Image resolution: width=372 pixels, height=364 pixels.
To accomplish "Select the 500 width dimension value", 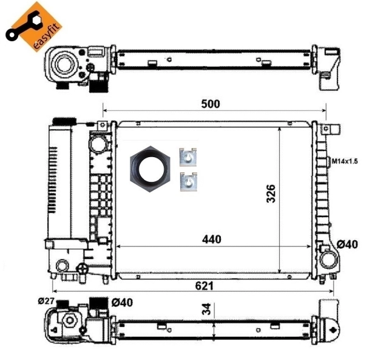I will tap(211, 104).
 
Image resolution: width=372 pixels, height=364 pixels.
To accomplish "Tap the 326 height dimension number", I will tap(271, 194).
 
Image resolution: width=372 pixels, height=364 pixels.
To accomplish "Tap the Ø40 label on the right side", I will tap(349, 245).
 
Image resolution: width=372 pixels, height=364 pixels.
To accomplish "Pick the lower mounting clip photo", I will tap(189, 181).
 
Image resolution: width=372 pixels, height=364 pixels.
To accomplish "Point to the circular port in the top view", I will tap(63, 62).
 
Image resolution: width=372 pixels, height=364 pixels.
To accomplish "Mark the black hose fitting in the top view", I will tap(96, 85).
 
